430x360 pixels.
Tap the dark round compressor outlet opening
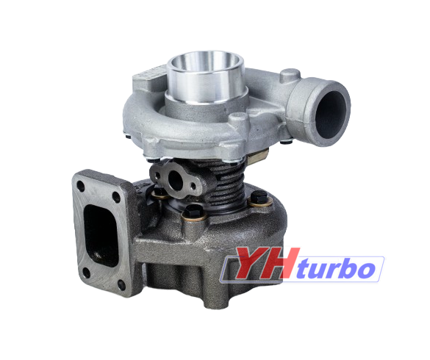[x=331, y=115]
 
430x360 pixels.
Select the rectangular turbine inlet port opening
[x=101, y=236]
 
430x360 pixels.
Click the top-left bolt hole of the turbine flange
[x=81, y=186]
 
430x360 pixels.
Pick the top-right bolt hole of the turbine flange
[x=116, y=198]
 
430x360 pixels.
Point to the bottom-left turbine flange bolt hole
[x=86, y=273]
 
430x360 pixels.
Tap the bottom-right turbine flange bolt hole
[x=121, y=285]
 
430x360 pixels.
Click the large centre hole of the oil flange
[x=175, y=180]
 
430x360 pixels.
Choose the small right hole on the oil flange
[x=193, y=187]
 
